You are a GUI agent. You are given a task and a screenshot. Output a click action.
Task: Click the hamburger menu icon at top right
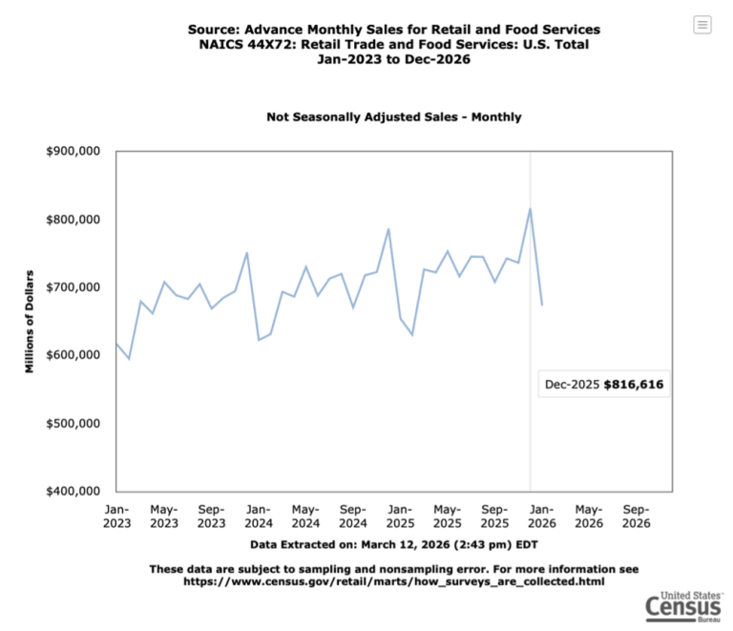pos(702,25)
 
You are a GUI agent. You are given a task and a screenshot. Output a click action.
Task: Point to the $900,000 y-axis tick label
pos(73,152)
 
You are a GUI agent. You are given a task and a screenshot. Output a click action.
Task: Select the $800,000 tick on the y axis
pos(73,220)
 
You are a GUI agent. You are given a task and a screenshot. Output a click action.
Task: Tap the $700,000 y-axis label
pos(73,287)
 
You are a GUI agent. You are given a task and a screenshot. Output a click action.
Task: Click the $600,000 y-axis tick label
pos(73,355)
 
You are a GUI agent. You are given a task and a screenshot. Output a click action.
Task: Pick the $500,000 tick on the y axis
pos(73,423)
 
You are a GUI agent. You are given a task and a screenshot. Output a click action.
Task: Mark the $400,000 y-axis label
pos(73,491)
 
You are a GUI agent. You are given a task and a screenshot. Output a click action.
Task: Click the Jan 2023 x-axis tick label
pos(116,515)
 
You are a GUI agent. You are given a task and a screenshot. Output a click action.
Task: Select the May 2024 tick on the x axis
pos(305,515)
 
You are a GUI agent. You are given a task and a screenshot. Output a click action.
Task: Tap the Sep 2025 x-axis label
pos(494,515)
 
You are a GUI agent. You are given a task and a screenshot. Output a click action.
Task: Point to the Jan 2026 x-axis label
pos(542,515)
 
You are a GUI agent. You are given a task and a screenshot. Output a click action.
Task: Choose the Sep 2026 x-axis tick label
pos(637,515)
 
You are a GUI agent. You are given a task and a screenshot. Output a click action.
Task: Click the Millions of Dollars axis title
pos(30,321)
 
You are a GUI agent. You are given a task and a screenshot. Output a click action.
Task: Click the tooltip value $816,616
pos(634,386)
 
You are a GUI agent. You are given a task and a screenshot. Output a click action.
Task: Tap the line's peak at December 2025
pos(531,209)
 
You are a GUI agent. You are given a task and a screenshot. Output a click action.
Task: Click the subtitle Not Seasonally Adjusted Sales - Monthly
pos(394,117)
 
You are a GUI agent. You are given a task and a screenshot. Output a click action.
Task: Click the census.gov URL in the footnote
pos(394,580)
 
